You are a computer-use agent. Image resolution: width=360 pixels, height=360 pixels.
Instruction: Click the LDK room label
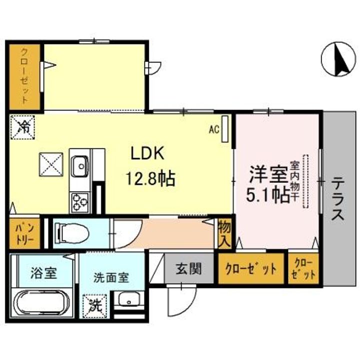(147, 153)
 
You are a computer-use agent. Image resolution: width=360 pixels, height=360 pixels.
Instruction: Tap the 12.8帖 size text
(150, 178)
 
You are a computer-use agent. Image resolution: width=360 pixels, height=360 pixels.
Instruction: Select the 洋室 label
(268, 174)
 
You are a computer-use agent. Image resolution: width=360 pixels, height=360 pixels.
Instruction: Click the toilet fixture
(72, 233)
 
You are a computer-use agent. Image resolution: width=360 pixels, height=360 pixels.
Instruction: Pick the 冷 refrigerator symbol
(22, 127)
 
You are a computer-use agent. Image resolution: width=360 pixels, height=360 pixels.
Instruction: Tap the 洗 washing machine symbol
(95, 306)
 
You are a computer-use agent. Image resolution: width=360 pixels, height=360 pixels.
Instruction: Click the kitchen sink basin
(79, 166)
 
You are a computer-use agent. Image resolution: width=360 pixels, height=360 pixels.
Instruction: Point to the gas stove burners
(80, 202)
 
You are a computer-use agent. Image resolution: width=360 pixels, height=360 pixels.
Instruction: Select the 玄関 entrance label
(188, 268)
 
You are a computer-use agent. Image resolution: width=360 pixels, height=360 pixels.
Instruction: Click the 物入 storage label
(224, 233)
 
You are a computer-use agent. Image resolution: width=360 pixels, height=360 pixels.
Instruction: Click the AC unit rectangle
(225, 129)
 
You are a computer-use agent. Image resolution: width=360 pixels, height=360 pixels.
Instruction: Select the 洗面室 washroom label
(111, 277)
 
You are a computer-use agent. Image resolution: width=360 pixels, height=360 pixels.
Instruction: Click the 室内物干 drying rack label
(294, 181)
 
